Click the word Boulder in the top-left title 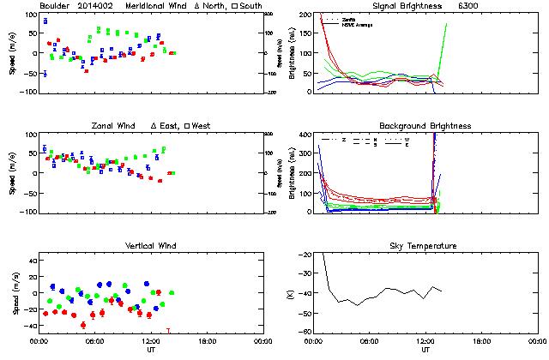click(53, 6)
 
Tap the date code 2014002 click(96, 6)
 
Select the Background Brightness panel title click(425, 126)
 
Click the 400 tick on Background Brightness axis click(303, 135)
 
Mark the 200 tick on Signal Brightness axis click(303, 15)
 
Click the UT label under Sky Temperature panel click(425, 350)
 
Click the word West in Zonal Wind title click(202, 126)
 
